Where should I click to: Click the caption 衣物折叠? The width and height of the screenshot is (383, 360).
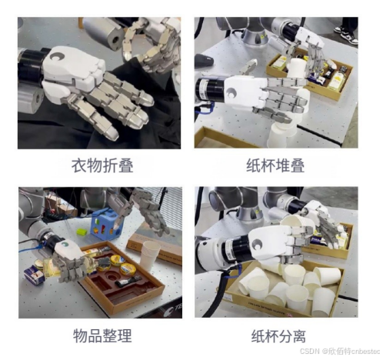coord(102,165)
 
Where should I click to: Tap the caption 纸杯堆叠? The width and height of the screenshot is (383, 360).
coord(275,165)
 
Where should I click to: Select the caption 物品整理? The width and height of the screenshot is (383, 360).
coord(102,335)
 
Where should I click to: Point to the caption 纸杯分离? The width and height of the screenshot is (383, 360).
coord(278,335)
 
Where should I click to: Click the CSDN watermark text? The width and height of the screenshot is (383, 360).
coord(340,351)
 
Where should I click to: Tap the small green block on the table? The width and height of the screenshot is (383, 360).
coord(82,232)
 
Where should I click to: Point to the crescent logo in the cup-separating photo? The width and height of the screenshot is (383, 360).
coord(256,244)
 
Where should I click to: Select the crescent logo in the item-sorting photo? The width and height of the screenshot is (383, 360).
coord(65,245)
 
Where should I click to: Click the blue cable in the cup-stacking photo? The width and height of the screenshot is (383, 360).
coord(205,109)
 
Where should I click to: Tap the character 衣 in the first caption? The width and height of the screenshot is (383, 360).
coord(79,165)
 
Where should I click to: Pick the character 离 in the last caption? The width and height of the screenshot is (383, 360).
coord(299,335)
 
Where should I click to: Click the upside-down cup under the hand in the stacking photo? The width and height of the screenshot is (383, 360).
coord(282,133)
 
